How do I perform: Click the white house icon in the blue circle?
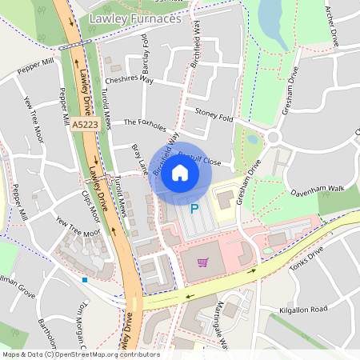pos(180,173)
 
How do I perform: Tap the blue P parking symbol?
pos(194,209)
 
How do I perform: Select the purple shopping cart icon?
pos(203,261)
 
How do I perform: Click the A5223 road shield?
pos(83,126)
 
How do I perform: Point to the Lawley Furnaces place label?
pos(135,17)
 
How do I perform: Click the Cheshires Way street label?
pos(128,80)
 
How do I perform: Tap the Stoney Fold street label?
pos(214,118)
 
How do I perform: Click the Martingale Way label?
pos(221,328)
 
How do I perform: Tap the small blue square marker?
pos(85,279)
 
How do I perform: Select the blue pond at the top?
pos(270,14)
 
